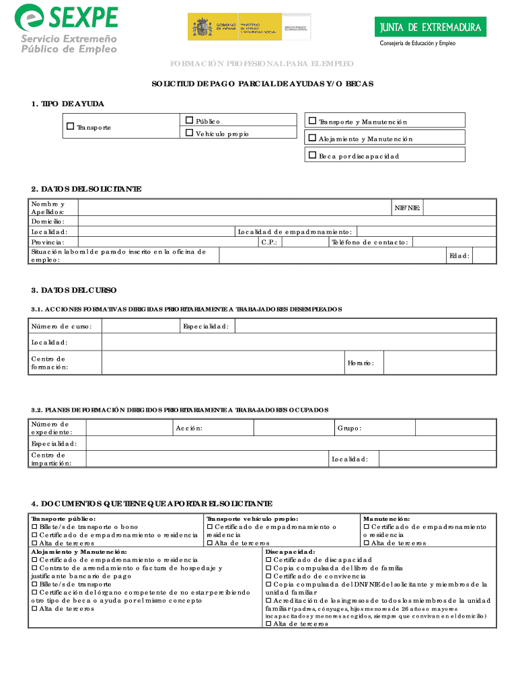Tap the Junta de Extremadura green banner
[x=430, y=28]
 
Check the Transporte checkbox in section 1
[x=71, y=126]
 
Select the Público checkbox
[x=189, y=120]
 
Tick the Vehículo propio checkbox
[x=189, y=133]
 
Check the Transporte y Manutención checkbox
[x=311, y=121]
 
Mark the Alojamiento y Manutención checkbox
[x=311, y=138]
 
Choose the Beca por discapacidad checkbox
[x=311, y=155]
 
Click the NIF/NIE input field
[x=459, y=207]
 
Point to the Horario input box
[x=439, y=363]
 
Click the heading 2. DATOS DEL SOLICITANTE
[x=86, y=189]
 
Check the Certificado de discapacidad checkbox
[x=269, y=560]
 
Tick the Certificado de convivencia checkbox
[x=269, y=576]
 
